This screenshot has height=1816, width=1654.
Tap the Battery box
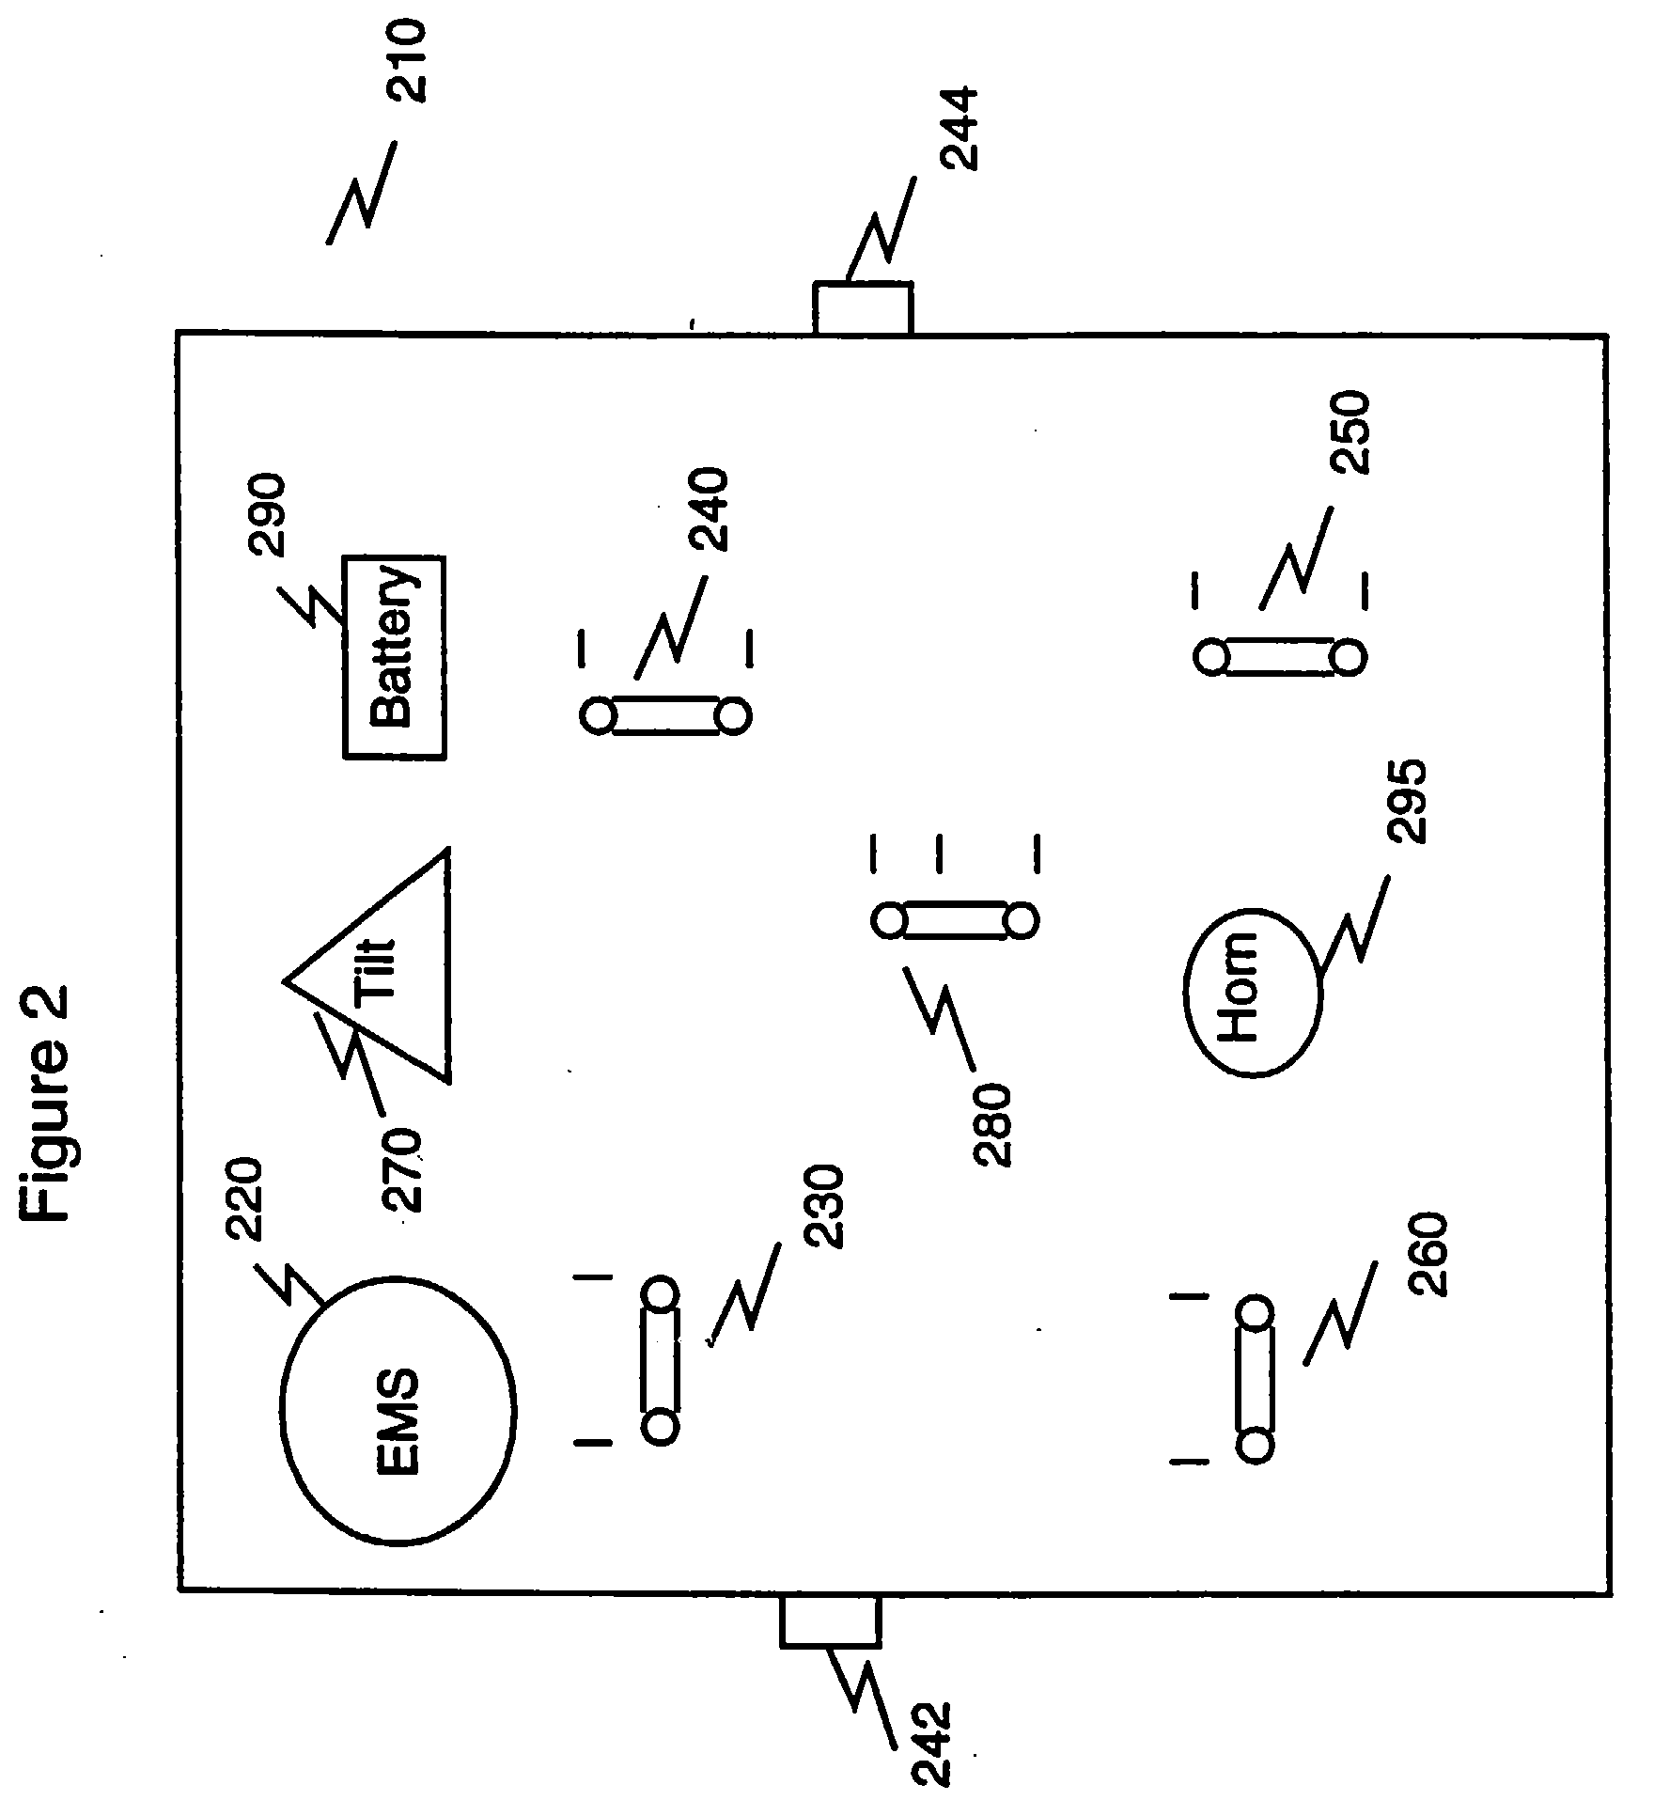(393, 657)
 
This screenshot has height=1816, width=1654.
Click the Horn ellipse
(1252, 993)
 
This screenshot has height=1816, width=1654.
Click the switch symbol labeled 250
(1279, 656)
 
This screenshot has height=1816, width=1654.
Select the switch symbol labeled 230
(660, 1360)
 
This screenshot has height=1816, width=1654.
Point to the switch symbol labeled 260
(1255, 1378)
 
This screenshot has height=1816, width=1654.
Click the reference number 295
(1410, 802)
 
